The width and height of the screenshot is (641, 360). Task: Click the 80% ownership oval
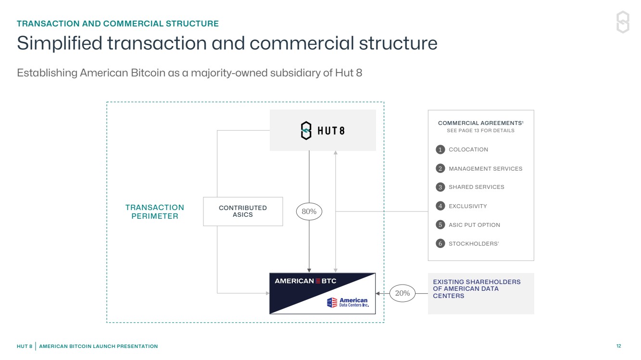coord(309,211)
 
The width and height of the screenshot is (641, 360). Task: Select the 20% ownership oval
coord(402,293)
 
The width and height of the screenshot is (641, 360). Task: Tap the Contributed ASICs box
coord(243,211)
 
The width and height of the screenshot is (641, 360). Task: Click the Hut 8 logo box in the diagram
coord(323,130)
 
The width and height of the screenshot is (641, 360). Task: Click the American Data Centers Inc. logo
coord(347,302)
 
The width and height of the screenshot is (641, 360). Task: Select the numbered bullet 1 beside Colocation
coord(440,149)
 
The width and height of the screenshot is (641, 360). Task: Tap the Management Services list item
coord(485,169)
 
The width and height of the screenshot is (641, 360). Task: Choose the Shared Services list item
coord(476,187)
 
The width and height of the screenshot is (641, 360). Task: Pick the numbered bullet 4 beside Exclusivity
coord(440,206)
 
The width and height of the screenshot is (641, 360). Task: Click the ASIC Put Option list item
coord(474,225)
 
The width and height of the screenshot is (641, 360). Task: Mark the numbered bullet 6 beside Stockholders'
coord(440,244)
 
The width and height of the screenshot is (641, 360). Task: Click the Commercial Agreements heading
coord(480,124)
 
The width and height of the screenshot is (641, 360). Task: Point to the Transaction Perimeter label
coord(155,212)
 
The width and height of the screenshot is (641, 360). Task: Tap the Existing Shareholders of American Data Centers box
coord(481,294)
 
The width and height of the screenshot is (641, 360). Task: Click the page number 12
coord(618,346)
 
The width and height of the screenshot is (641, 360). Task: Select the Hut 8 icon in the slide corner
coord(623,22)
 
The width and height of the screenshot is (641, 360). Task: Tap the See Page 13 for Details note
coord(480,131)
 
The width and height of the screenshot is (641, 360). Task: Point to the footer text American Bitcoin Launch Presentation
coord(98,346)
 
